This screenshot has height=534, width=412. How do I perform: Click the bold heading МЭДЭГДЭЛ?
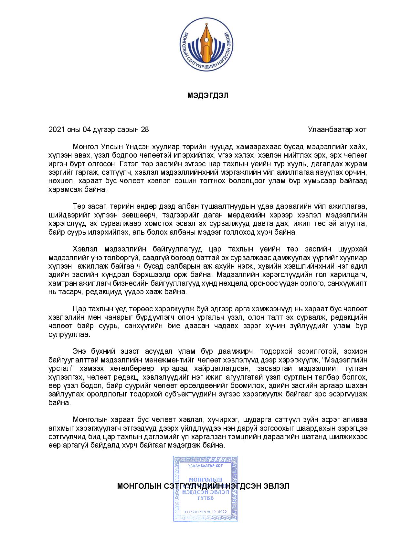point(208,96)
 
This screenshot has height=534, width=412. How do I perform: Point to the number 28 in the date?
point(145,130)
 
